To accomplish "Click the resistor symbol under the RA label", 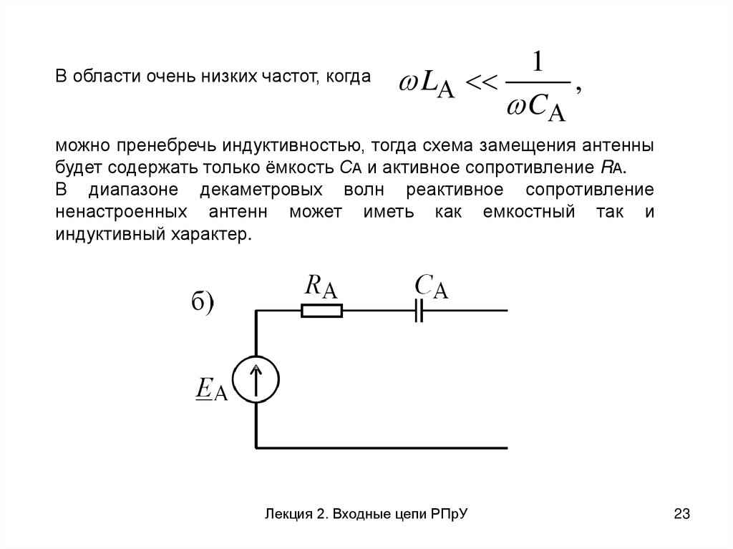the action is pyautogui.click(x=322, y=311).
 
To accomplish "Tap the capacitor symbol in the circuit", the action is pyautogui.click(x=420, y=311).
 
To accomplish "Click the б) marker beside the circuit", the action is pyautogui.click(x=203, y=302).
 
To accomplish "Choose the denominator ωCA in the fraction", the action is pyautogui.click(x=536, y=111).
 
